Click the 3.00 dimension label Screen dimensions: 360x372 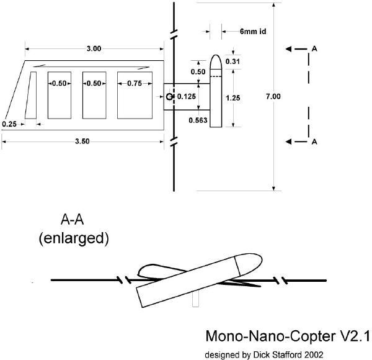click(x=94, y=48)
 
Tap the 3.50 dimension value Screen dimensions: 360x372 click(x=82, y=142)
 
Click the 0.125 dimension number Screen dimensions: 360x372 click(x=187, y=96)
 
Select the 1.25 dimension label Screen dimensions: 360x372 click(x=233, y=97)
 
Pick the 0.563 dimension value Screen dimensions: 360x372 click(x=198, y=120)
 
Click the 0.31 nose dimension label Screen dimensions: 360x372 click(x=233, y=61)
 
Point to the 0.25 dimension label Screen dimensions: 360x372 click(x=9, y=124)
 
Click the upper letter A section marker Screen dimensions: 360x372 click(x=315, y=48)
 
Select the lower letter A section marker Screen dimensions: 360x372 click(x=315, y=142)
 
